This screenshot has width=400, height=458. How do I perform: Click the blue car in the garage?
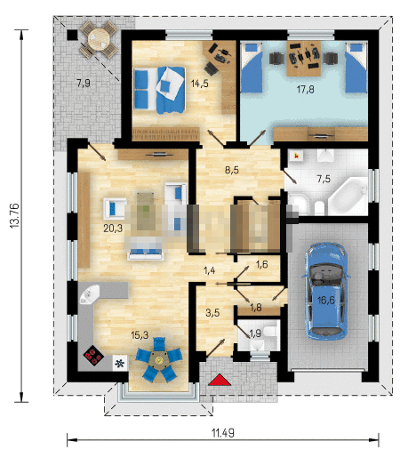pyautogui.click(x=326, y=291)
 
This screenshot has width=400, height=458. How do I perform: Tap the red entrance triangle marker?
pyautogui.click(x=220, y=380)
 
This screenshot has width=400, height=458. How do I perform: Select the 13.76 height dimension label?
pyautogui.click(x=15, y=215)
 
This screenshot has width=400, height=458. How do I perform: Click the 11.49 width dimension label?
pyautogui.click(x=223, y=433)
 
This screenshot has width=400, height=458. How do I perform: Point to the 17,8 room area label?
pyautogui.click(x=306, y=89)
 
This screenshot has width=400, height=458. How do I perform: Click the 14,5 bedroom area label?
pyautogui.click(x=200, y=84)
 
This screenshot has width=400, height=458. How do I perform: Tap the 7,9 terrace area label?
pyautogui.click(x=84, y=83)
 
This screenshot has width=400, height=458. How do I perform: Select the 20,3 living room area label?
pyautogui.click(x=113, y=228)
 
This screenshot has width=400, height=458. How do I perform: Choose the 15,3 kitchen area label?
pyautogui.click(x=140, y=335)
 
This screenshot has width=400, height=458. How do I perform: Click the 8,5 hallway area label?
pyautogui.click(x=232, y=170)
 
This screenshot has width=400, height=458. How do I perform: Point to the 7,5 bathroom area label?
pyautogui.click(x=324, y=179)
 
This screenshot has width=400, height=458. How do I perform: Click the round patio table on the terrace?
pyautogui.click(x=99, y=39)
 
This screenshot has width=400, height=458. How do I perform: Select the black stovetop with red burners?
pyautogui.click(x=93, y=356)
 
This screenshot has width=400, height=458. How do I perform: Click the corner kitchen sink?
pyautogui.click(x=90, y=294)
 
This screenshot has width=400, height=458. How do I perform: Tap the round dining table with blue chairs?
pyautogui.click(x=159, y=360)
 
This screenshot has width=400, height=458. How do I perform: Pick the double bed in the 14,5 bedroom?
pyautogui.click(x=159, y=90)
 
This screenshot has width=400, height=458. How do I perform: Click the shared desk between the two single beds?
pyautogui.click(x=304, y=59)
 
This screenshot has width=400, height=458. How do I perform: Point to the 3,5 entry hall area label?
pyautogui.click(x=212, y=312)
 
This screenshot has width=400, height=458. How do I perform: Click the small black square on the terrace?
pyautogui.click(x=71, y=35)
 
